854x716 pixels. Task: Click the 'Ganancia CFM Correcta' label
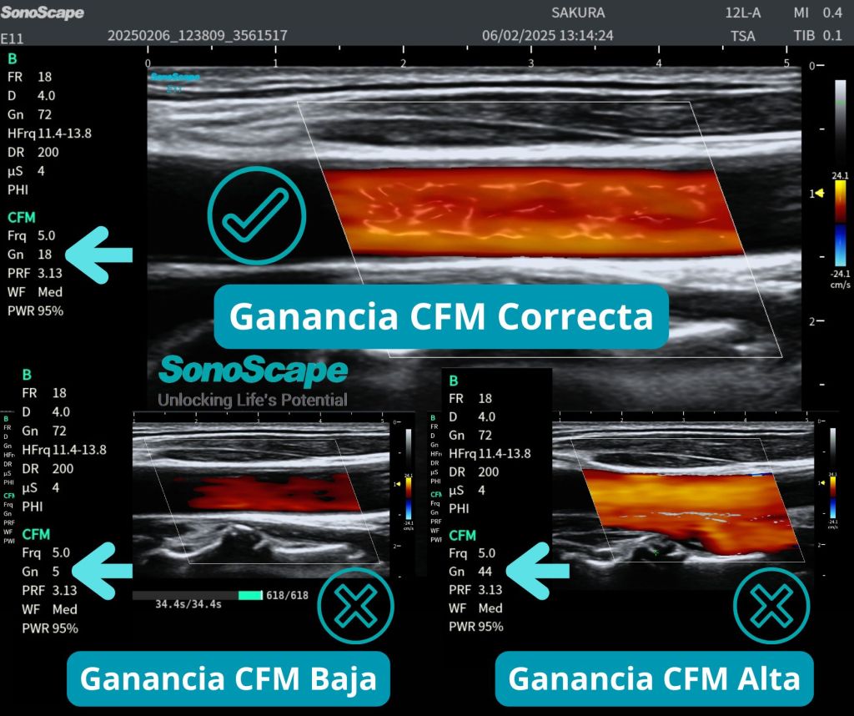pyautogui.click(x=441, y=316)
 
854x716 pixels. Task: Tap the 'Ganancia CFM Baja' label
pyautogui.click(x=229, y=678)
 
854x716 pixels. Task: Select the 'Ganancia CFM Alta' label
pyautogui.click(x=654, y=678)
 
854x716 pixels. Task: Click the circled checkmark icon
pyautogui.click(x=256, y=215)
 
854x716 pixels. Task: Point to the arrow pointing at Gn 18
pyautogui.click(x=98, y=254)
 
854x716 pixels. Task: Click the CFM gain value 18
pyautogui.click(x=46, y=254)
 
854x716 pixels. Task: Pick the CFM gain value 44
pyautogui.click(x=485, y=572)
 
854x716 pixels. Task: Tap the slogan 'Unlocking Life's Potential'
pyautogui.click(x=253, y=400)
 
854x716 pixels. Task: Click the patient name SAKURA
pyautogui.click(x=578, y=13)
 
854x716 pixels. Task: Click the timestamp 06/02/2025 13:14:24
pyautogui.click(x=547, y=36)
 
